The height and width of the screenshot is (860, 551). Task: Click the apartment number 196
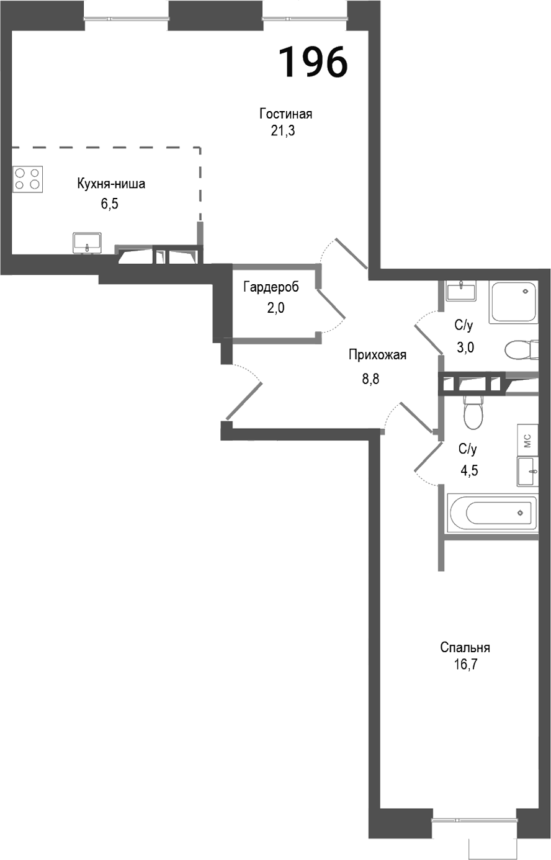coord(312,62)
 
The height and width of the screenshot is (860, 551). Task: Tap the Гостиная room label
coord(285,114)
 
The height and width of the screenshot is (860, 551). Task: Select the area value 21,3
coord(282,131)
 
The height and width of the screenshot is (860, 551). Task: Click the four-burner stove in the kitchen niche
coord(27,178)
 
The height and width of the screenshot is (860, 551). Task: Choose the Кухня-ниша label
coord(111,184)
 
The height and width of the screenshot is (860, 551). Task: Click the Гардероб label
coord(271,287)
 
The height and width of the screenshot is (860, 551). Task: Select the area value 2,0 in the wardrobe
coord(275,308)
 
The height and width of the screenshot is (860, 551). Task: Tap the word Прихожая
coord(377,355)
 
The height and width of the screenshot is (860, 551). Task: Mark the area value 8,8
coord(370,378)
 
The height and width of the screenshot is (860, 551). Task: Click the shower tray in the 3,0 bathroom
coord(513,302)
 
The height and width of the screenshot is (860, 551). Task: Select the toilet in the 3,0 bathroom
coord(520,349)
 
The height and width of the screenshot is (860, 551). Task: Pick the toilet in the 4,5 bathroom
coord(473,413)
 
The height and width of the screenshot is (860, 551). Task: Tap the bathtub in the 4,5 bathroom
coord(491,513)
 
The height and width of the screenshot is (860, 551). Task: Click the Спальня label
coord(465,648)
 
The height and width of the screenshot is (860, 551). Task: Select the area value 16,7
coord(465,666)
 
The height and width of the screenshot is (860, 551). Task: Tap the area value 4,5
coord(468,470)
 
